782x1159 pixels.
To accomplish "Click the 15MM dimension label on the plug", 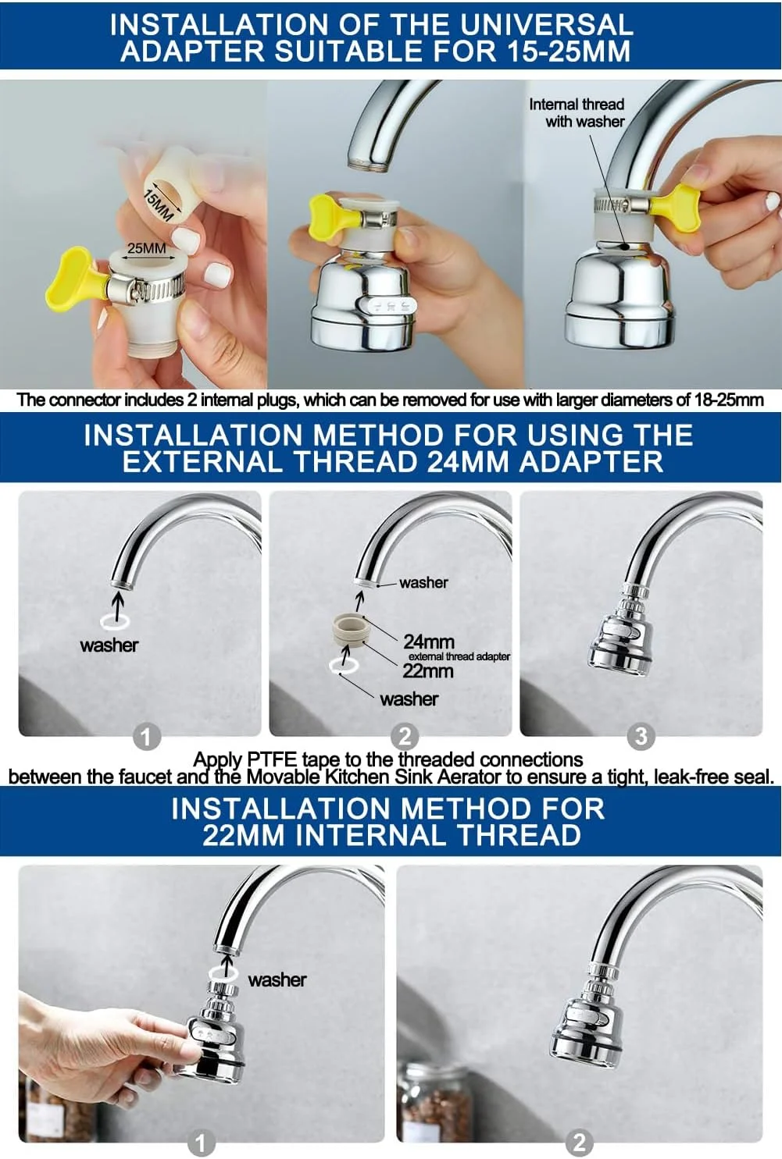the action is (x=157, y=205).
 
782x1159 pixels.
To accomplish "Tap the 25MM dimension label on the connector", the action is (x=147, y=248).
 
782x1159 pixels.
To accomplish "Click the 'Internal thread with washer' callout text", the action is (x=577, y=113).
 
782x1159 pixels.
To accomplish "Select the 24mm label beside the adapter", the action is (x=429, y=642).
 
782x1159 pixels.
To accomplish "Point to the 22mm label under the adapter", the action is (x=428, y=671).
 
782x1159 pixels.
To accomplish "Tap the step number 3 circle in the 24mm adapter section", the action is (x=641, y=736).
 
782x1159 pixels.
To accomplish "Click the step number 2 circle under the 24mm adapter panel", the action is (x=405, y=736).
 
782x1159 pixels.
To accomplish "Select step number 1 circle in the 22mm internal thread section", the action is (x=200, y=1143).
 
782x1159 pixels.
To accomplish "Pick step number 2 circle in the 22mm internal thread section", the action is (x=579, y=1143).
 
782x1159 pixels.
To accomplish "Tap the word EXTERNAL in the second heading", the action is (x=202, y=461).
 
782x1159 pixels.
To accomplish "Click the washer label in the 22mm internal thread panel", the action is (x=277, y=979).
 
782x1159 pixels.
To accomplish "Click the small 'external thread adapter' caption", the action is (x=459, y=656).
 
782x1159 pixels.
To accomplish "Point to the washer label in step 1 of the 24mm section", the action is (x=109, y=645).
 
